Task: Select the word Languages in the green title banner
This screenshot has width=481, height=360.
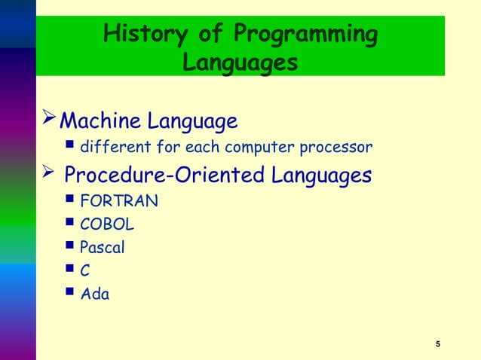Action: [x=240, y=63]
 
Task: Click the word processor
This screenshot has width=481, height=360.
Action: [x=338, y=146]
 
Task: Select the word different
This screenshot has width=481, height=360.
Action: [x=113, y=146]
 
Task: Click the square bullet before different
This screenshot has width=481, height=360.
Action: [x=70, y=145]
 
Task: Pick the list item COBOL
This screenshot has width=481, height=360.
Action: [x=108, y=224]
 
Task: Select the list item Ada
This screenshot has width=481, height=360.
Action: [x=95, y=294]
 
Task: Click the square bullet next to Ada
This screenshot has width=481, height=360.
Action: [x=70, y=293]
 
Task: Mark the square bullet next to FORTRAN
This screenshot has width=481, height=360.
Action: [x=70, y=200]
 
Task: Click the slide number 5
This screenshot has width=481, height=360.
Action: [x=438, y=345]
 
